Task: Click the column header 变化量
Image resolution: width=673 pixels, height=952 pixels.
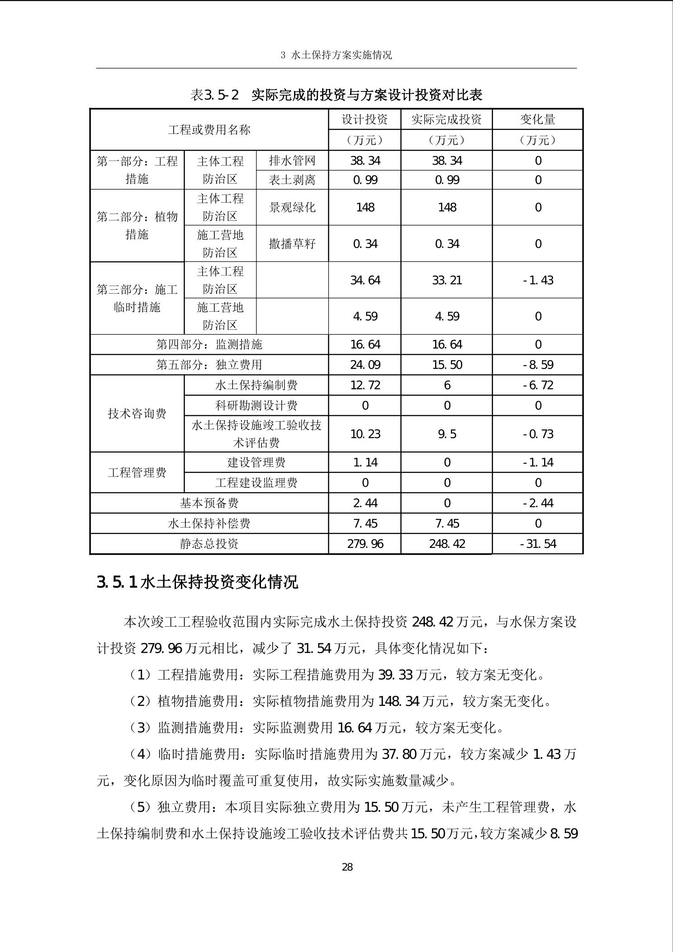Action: click(537, 119)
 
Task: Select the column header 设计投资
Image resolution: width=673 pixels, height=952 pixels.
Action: click(365, 119)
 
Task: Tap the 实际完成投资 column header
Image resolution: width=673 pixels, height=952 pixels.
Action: click(446, 119)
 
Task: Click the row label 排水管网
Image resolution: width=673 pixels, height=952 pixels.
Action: click(292, 161)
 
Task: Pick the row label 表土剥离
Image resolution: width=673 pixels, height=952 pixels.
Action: click(292, 180)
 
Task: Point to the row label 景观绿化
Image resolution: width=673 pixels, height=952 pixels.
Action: click(292, 207)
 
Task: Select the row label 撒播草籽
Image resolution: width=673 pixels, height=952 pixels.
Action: click(292, 244)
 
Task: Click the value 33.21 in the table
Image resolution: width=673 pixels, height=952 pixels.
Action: click(447, 280)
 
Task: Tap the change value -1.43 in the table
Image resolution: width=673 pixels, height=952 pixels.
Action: click(538, 280)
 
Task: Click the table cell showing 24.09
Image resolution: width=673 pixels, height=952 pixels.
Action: click(365, 365)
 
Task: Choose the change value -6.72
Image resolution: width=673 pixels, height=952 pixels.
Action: click(538, 385)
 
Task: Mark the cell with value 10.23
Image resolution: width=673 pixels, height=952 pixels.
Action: click(365, 434)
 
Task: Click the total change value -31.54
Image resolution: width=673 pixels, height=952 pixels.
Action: click(538, 543)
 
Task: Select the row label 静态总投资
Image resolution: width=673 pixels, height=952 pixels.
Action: click(209, 543)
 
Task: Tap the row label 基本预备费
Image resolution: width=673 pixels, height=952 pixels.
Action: click(209, 503)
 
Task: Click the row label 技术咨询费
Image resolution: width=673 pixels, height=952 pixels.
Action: click(137, 413)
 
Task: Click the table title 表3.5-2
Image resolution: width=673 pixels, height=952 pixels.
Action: click(215, 95)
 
